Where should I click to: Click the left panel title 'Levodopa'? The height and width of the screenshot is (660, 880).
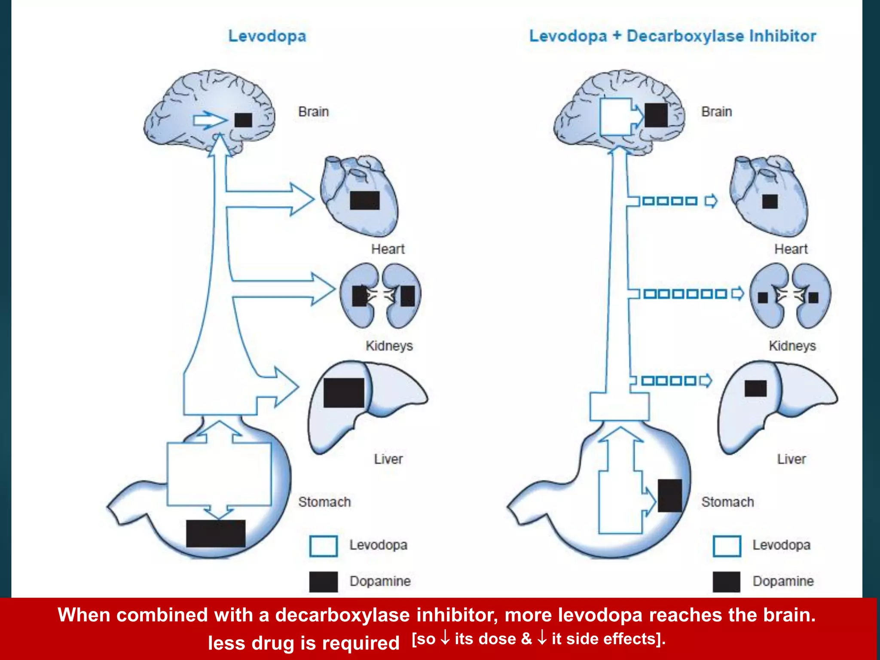coord(267,36)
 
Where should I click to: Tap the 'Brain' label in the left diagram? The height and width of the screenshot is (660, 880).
coord(313,112)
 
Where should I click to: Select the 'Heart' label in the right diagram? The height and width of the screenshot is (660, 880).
coord(791,249)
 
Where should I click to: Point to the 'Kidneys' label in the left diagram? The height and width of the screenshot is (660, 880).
coord(389,346)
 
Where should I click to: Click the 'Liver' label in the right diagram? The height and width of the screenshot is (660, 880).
coord(791,459)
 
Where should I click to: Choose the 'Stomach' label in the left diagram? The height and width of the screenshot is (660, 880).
coord(324,502)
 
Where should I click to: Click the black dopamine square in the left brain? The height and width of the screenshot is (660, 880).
coord(243,120)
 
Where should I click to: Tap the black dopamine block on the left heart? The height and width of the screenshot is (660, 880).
coord(365,200)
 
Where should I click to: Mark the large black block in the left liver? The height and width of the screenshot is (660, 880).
coord(344,393)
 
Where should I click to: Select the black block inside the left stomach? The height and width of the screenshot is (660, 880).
coord(216,533)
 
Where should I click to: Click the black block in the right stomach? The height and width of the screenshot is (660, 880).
coord(669,495)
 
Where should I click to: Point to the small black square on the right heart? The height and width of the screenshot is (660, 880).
coord(770,201)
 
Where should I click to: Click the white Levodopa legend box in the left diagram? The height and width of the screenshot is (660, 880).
coord(323,546)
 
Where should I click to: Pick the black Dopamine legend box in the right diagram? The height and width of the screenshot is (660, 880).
coord(726,582)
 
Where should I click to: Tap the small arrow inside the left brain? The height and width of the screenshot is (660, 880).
coord(210,120)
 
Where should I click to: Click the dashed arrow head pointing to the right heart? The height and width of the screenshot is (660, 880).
coord(711,201)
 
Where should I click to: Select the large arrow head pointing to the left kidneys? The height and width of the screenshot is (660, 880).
coord(323,289)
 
